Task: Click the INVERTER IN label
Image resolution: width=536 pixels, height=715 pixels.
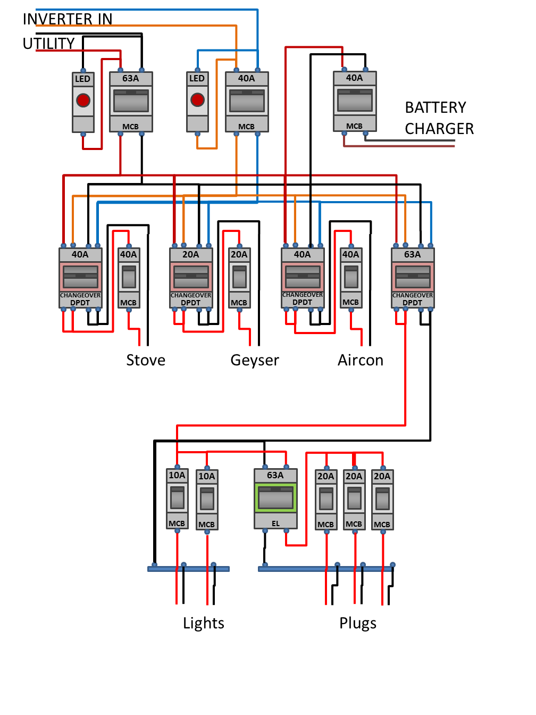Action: (68, 19)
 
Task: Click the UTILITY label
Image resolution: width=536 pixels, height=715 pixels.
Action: (48, 44)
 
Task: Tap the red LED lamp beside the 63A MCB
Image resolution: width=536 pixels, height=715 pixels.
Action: (83, 100)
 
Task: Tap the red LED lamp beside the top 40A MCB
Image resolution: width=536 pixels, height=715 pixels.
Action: (197, 99)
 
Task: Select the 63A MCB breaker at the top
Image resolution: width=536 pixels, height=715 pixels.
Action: (131, 102)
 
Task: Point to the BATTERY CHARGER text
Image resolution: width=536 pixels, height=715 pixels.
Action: (439, 118)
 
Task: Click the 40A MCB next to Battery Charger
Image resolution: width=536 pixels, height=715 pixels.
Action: (355, 101)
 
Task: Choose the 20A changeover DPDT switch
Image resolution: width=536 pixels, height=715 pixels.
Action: (191, 278)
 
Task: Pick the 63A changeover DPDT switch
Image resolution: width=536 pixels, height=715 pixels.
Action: (413, 278)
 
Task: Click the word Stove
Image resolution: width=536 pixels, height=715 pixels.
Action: (146, 360)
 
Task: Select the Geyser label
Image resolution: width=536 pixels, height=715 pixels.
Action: (255, 360)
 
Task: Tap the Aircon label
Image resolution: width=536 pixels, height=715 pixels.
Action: (361, 360)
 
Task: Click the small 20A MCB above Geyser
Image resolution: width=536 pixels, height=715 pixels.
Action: (239, 278)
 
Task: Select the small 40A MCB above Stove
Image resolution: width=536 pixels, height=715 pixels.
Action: (129, 278)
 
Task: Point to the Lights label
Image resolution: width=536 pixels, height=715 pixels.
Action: (204, 623)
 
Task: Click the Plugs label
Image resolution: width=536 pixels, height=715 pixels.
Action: (358, 623)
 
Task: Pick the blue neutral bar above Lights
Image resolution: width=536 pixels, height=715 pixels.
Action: (188, 569)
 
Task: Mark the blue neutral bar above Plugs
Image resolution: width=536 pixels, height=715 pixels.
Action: (325, 569)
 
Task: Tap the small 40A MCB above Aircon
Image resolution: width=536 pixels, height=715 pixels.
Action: (351, 278)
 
